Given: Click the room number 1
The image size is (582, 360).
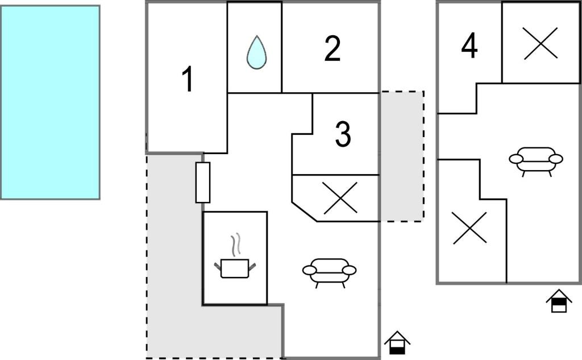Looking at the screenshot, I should [188, 80].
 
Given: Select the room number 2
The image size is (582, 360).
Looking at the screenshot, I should [332, 49].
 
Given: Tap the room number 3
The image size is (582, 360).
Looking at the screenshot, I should [343, 134].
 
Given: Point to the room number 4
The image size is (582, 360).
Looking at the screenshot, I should [469, 47].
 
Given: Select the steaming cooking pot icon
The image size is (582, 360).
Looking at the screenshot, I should [235, 267].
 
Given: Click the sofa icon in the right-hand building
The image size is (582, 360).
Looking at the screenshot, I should [535, 159].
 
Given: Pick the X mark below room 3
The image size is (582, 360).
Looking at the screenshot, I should [340, 198].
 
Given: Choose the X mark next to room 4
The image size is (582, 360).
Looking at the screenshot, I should [540, 43].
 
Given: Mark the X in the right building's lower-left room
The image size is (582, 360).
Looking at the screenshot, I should [469, 227].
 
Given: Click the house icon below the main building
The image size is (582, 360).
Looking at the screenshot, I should [397, 343].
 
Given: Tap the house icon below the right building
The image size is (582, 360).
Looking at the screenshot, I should [559, 301].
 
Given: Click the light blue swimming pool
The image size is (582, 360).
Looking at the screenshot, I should [50, 102].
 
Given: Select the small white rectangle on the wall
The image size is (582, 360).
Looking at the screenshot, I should [203, 182].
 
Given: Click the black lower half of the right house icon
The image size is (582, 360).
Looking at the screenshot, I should [559, 307].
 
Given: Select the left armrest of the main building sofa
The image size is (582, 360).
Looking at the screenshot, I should [309, 270].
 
